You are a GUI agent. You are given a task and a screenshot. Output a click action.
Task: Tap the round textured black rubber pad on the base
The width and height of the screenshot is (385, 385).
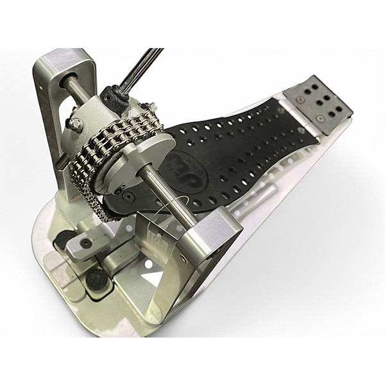click(x=96, y=278)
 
